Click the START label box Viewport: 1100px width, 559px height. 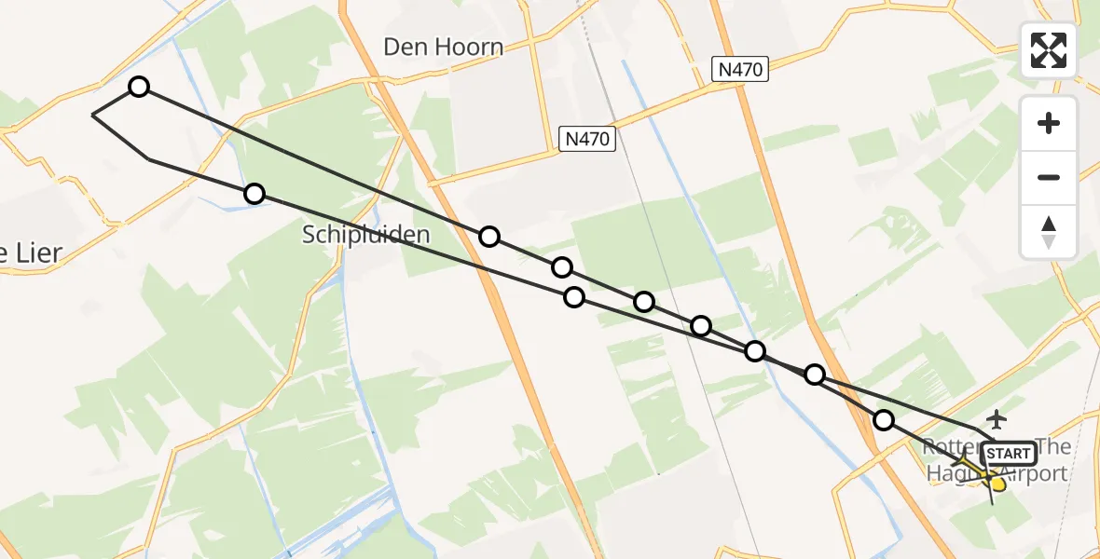pos(1009,454)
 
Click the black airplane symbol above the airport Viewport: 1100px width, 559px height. pos(997,418)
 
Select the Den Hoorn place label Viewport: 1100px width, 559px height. pos(443,47)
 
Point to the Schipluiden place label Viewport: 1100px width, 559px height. pos(366,234)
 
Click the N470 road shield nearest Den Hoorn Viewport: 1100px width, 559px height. pos(587,139)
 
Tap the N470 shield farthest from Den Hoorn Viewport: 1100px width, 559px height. pos(739,68)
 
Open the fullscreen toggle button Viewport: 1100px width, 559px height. pos(1049,50)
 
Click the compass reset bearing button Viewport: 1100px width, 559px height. pos(1049,232)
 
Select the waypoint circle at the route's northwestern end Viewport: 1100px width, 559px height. pos(138,87)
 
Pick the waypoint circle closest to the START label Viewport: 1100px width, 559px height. pos(883,420)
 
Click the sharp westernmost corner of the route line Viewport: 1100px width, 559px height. pos(93,115)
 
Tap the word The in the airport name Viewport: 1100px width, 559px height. pos(1052,447)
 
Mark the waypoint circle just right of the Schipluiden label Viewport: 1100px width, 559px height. pos(489,237)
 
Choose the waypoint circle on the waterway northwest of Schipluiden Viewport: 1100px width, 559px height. pos(254,194)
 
